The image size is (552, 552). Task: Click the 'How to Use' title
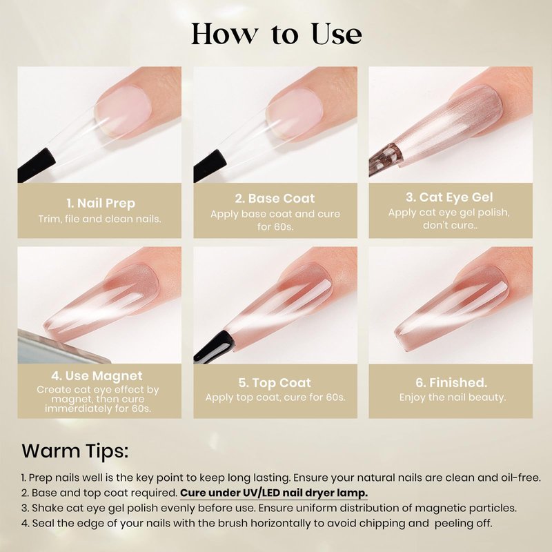coord(277,34)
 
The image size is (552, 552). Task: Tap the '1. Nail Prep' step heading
coord(101,203)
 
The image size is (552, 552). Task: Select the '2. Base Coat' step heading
coord(275,198)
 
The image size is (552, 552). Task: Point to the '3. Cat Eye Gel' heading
coord(449,197)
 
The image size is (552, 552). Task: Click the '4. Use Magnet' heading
coord(97,376)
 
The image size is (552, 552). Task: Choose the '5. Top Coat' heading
coord(275,383)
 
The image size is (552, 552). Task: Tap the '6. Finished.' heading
coord(451,382)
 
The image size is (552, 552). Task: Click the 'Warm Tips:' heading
coord(75,451)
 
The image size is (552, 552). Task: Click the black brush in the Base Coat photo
coord(210,166)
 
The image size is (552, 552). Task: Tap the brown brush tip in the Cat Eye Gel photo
coord(386,158)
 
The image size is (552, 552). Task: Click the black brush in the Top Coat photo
coord(214,346)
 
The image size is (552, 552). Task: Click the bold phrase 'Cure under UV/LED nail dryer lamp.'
coord(274,493)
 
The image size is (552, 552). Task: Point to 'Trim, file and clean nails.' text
coord(99,219)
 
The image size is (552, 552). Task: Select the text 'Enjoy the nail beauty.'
coord(453,397)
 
